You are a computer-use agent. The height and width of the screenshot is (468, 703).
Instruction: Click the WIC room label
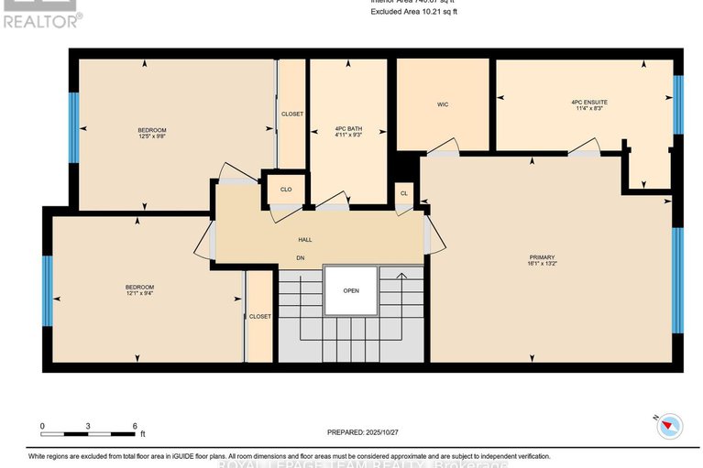(443, 104)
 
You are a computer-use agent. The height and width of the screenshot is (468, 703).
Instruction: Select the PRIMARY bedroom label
(542, 257)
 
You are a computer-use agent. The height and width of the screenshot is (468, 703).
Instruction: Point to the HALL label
(305, 240)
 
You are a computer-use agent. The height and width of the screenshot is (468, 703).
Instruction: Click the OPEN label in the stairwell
(351, 291)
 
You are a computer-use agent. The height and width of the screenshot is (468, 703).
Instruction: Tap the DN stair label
(300, 258)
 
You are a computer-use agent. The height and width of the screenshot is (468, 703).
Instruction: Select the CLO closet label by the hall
(286, 190)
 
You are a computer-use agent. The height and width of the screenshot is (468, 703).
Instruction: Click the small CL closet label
(404, 193)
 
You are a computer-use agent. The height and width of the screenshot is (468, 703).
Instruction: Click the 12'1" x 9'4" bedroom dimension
(140, 293)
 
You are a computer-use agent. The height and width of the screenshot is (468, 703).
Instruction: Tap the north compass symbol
(671, 424)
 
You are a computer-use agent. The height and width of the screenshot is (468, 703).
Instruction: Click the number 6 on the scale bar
(135, 427)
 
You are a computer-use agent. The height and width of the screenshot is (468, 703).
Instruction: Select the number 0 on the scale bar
(42, 427)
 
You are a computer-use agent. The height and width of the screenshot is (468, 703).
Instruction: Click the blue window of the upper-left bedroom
(74, 127)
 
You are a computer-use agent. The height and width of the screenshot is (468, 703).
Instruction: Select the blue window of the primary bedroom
(677, 279)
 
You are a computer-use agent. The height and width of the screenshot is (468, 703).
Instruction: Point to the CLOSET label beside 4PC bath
(292, 114)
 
